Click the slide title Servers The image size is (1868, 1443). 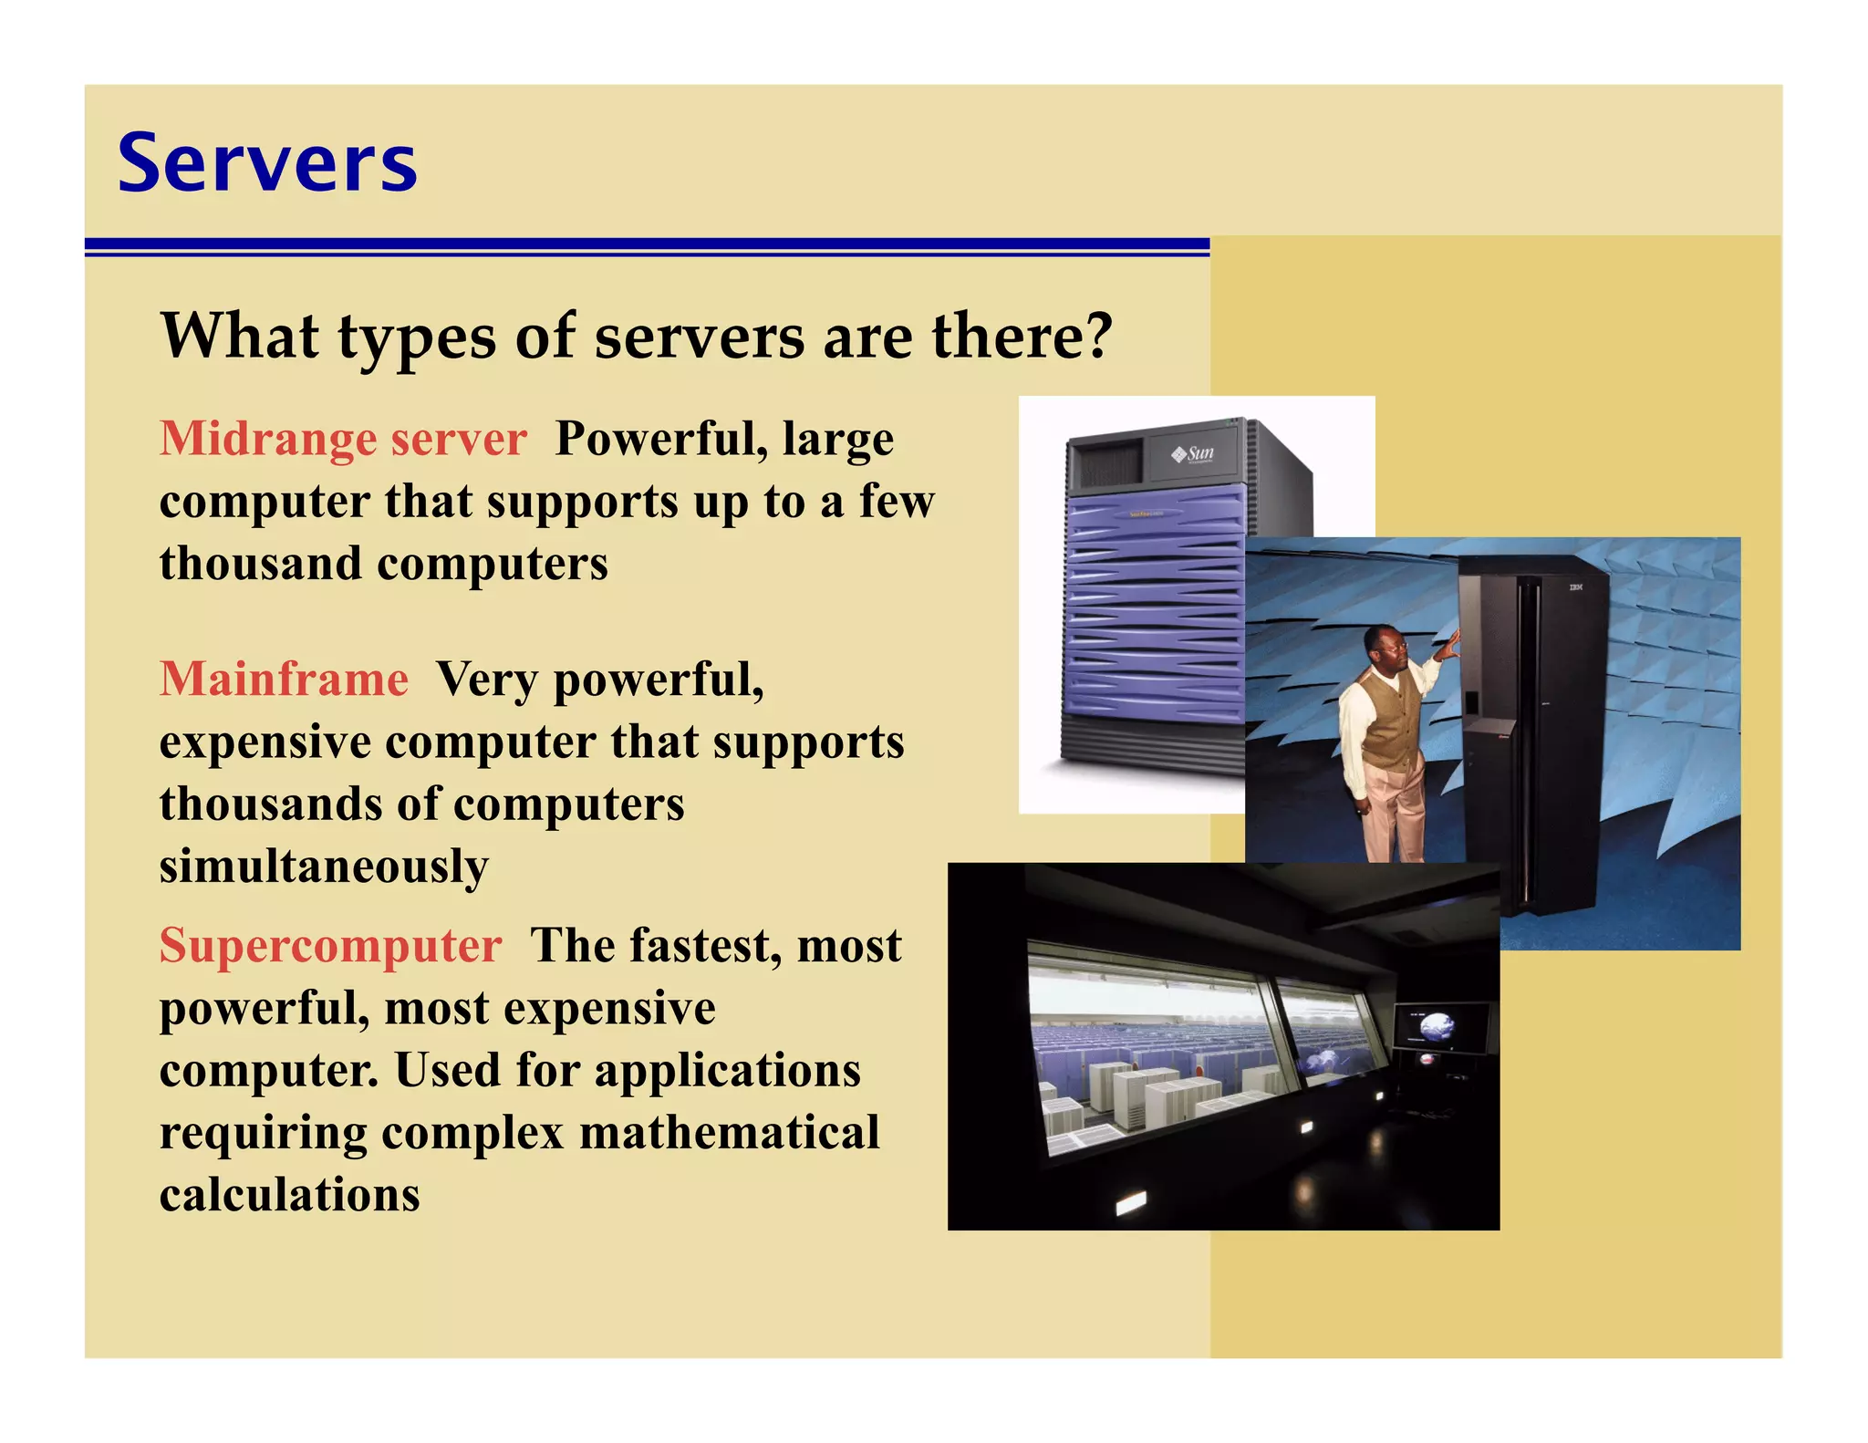coord(267,164)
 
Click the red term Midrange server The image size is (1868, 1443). coord(343,439)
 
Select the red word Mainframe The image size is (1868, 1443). coord(284,680)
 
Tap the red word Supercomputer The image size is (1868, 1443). coord(330,946)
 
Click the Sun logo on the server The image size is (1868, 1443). coord(1194,452)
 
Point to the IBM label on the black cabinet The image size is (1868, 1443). coord(1575,587)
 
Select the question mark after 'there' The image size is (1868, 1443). coord(1099,336)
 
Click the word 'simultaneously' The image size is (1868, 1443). coord(324,867)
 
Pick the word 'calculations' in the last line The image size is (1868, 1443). coord(289,1195)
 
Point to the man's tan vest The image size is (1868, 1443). coord(1388,721)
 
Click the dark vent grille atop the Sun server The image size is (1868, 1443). coord(1108,463)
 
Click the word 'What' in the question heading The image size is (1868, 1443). coord(240,336)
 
